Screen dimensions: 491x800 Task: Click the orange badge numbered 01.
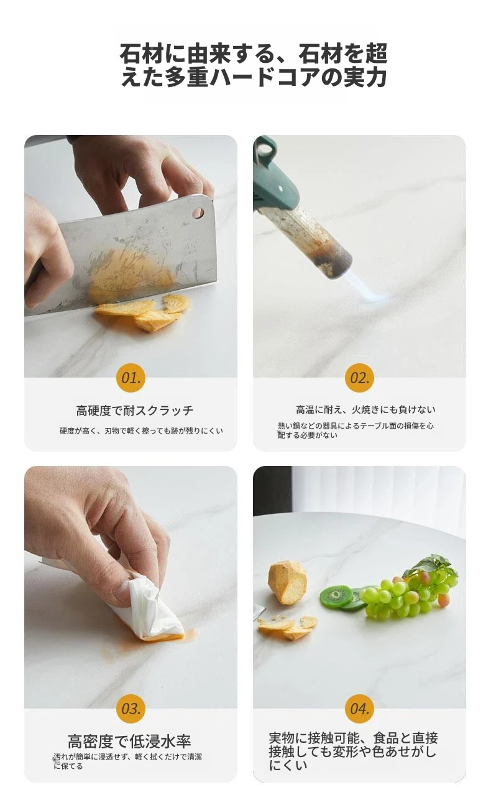point(131,378)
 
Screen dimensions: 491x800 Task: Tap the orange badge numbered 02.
point(359,378)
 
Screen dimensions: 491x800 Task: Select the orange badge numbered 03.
point(131,709)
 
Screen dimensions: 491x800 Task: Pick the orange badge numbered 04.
point(359,709)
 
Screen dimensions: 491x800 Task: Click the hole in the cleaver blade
point(198,213)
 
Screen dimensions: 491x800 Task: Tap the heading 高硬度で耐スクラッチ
point(134,411)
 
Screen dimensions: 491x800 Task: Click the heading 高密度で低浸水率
point(129,741)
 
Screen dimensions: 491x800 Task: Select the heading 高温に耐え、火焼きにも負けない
point(365,410)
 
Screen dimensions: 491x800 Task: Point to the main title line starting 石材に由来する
point(254,53)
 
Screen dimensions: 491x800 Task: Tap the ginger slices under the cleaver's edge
point(142,311)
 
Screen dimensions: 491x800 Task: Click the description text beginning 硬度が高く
point(141,430)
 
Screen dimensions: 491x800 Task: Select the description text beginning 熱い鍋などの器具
point(356,430)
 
